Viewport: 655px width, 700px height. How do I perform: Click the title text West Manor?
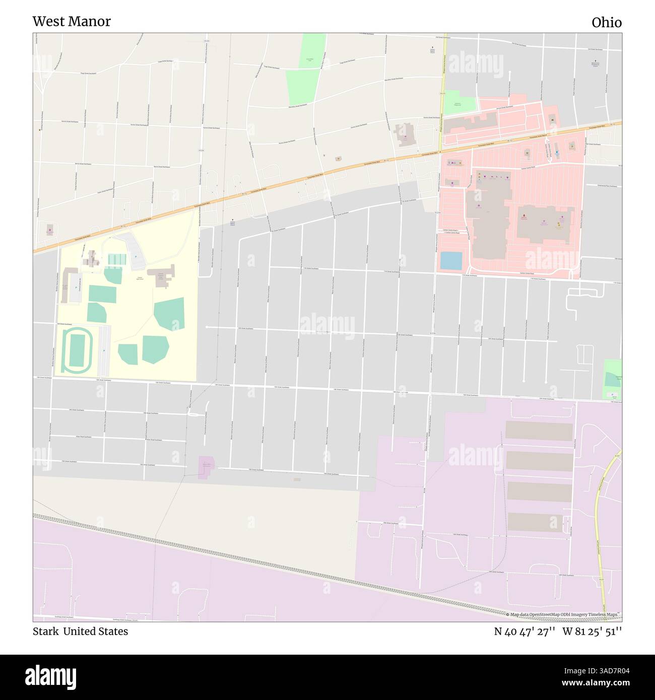click(x=72, y=22)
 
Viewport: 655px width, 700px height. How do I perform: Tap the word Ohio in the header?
click(x=606, y=23)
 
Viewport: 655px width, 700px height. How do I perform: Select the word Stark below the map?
click(x=45, y=632)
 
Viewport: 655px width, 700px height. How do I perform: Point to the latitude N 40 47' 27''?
click(x=525, y=632)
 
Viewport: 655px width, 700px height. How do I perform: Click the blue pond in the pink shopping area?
click(x=451, y=260)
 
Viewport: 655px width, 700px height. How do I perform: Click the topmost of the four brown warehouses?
click(x=539, y=432)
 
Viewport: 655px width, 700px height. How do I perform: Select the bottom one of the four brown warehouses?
click(x=535, y=522)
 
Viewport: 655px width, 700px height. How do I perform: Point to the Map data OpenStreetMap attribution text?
click(x=563, y=615)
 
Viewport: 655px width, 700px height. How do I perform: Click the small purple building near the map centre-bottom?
click(x=206, y=467)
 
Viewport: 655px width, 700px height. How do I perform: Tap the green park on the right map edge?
click(x=612, y=379)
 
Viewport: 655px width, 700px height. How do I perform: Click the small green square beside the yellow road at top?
click(x=460, y=102)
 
